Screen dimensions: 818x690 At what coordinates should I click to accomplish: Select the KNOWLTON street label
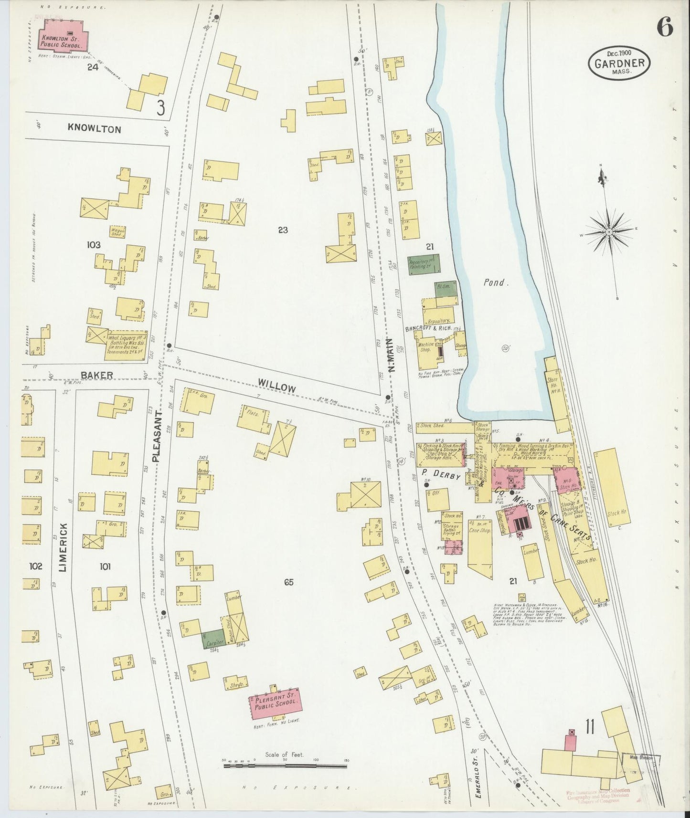94,129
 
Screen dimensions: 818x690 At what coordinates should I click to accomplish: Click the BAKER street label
96,375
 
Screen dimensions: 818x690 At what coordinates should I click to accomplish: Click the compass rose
609,232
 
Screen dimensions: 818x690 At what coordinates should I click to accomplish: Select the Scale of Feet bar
285,765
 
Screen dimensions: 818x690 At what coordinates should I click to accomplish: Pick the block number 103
94,245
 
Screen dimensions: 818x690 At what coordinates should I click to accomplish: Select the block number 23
283,230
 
